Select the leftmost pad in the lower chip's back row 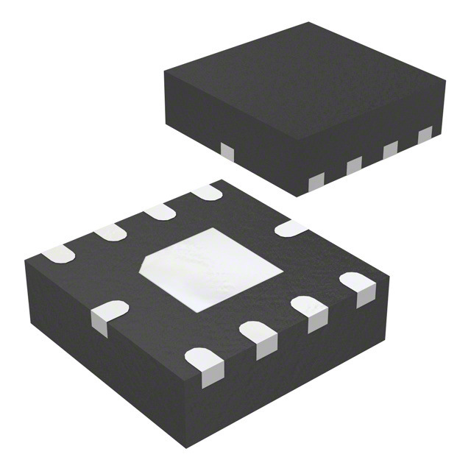(x=58, y=254)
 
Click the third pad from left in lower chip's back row (x=160, y=212)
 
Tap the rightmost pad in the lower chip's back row (x=208, y=193)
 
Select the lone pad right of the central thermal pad (x=291, y=228)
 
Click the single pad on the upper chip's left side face (x=227, y=151)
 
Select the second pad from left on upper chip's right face (x=354, y=166)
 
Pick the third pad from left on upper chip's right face (x=390, y=149)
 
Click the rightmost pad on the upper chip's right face (x=425, y=135)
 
